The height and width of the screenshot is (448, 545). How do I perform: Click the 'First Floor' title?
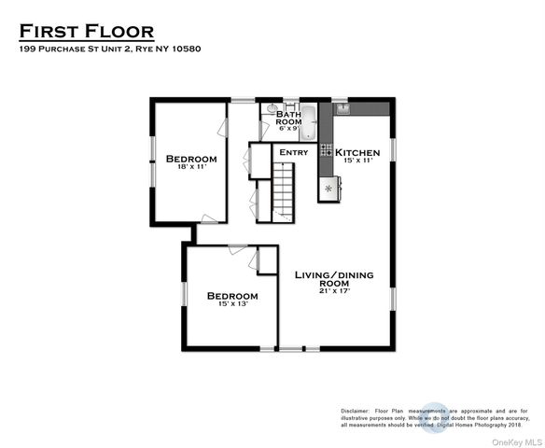[x=87, y=32]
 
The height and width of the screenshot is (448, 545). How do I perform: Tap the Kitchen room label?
[x=357, y=152]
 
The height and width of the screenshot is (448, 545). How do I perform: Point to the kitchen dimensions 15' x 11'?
[x=357, y=161]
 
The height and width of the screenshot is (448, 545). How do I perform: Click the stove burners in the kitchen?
[x=327, y=149]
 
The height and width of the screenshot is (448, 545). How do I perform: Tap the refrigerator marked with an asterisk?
[x=328, y=188]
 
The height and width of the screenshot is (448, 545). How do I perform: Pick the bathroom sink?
[x=272, y=109]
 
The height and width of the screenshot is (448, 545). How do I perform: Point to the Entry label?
[x=293, y=152]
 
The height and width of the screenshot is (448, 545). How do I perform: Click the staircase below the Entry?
[x=283, y=191]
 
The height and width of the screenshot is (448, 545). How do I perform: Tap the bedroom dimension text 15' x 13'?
[x=231, y=305]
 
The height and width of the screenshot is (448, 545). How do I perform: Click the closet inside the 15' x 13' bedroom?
[x=267, y=260]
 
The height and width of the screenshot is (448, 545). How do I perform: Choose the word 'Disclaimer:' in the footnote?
[x=354, y=411]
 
